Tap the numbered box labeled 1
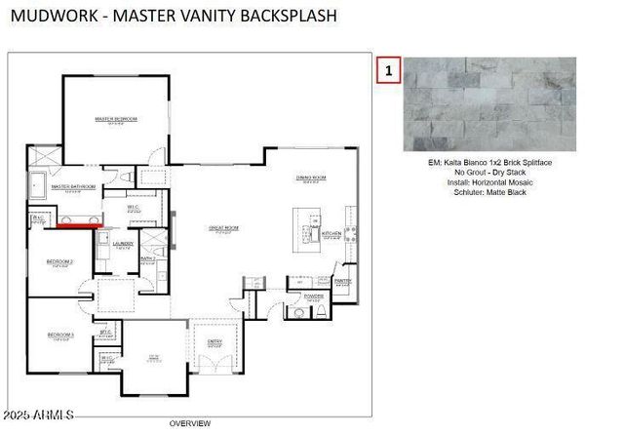(389, 70)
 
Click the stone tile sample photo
(489, 104)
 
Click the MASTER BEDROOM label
(115, 119)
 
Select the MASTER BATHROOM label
(73, 186)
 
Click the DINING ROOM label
(310, 178)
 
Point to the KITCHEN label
(331, 234)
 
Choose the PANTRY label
(342, 280)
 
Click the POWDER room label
(314, 297)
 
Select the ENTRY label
(214, 340)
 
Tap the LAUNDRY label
(123, 243)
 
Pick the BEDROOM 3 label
(60, 336)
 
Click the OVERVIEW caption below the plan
(189, 423)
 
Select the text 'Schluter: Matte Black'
(489, 191)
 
